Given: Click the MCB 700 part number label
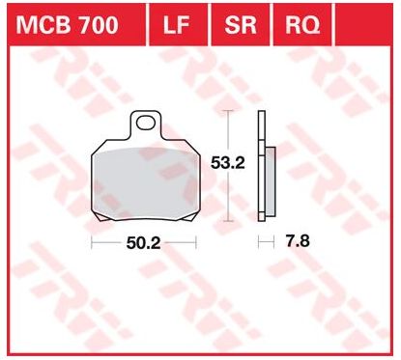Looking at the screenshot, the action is (x=68, y=25).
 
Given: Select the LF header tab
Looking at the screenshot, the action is (x=177, y=25).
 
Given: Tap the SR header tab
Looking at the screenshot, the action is (x=241, y=25).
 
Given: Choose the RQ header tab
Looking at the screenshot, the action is (x=302, y=25).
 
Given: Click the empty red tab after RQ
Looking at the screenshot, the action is (x=364, y=24).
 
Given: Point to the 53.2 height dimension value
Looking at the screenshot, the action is (x=228, y=163).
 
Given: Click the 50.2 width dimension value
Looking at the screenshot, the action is (x=143, y=243).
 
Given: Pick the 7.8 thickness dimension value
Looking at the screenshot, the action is (x=298, y=241).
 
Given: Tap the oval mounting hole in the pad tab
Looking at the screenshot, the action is (x=145, y=123).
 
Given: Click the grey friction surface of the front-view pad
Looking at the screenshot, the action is (x=144, y=183).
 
